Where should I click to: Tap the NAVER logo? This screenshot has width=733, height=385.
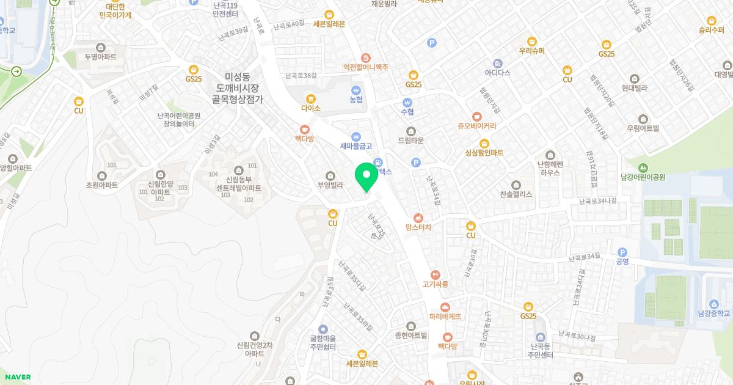point(18,377)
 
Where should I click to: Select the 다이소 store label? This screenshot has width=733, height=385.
point(310,108)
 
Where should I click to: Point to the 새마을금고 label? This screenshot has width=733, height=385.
point(356,146)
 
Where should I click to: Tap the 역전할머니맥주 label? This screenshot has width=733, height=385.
point(365,67)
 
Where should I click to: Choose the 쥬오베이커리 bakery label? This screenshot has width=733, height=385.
point(476,127)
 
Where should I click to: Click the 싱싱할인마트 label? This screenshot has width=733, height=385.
point(484,153)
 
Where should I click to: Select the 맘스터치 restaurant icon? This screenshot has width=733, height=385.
point(418,217)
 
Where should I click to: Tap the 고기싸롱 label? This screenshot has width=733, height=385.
point(435,284)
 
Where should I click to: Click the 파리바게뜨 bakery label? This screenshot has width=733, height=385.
point(445,317)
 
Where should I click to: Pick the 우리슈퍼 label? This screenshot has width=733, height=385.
point(531,51)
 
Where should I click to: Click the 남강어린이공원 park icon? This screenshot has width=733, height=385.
point(642,167)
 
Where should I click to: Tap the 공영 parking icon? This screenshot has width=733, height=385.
point(622,252)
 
